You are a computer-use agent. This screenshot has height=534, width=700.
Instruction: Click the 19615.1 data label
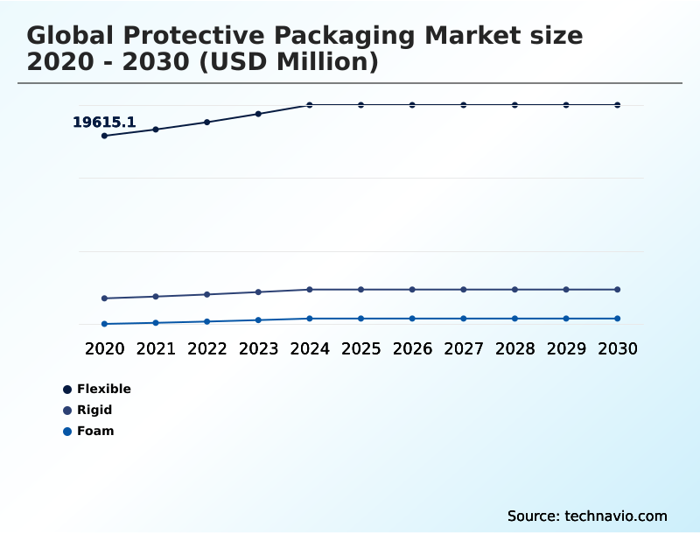click(103, 123)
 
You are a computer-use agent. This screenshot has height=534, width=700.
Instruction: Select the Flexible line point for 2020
click(104, 136)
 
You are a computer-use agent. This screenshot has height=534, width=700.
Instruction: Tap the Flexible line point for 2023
click(258, 114)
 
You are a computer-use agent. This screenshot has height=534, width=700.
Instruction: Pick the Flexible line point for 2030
click(618, 105)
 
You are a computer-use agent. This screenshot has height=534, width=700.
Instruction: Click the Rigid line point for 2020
click(104, 299)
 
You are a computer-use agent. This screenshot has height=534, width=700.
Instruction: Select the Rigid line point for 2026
click(412, 290)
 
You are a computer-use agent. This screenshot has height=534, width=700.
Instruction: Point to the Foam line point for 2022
click(207, 321)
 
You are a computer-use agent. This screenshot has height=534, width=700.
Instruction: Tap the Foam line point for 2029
click(566, 319)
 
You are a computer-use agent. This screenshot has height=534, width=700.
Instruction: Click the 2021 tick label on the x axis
click(156, 348)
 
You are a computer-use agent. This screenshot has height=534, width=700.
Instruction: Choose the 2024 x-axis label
click(310, 348)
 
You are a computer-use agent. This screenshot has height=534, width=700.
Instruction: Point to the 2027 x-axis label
click(464, 348)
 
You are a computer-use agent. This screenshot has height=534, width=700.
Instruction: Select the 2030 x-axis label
click(618, 348)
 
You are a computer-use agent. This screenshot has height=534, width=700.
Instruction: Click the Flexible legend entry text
click(104, 389)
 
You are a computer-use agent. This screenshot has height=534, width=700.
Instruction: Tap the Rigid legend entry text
click(94, 410)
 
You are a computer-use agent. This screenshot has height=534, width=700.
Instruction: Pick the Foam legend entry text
click(95, 431)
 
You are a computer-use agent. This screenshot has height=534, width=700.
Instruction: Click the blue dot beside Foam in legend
click(67, 431)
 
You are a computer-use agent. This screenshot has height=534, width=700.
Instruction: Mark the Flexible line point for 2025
click(360, 105)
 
